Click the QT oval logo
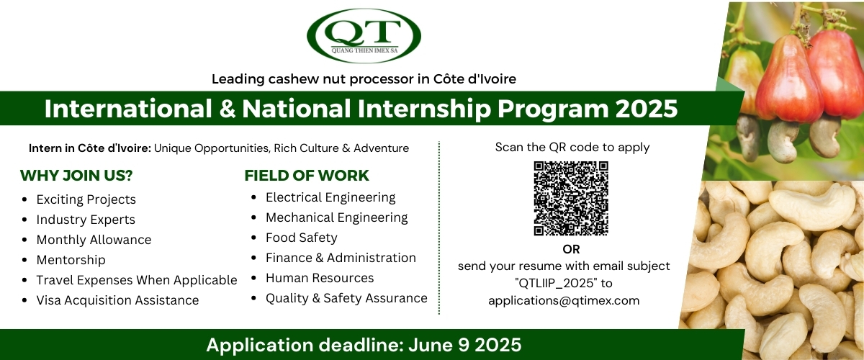click(x=364, y=35)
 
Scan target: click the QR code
click(x=571, y=198)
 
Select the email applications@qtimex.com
click(x=564, y=300)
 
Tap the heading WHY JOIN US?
click(x=76, y=176)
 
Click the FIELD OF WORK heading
click(x=307, y=176)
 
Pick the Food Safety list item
click(x=301, y=238)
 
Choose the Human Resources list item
click(x=320, y=278)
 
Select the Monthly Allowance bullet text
click(x=94, y=240)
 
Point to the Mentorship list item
click(x=71, y=260)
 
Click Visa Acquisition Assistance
click(x=117, y=300)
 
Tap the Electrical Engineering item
click(x=330, y=197)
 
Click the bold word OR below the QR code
click(x=571, y=249)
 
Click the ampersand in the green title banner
click(x=228, y=109)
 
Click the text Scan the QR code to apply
click(x=572, y=148)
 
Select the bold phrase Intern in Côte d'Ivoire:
click(x=90, y=148)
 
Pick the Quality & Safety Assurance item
click(x=346, y=298)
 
